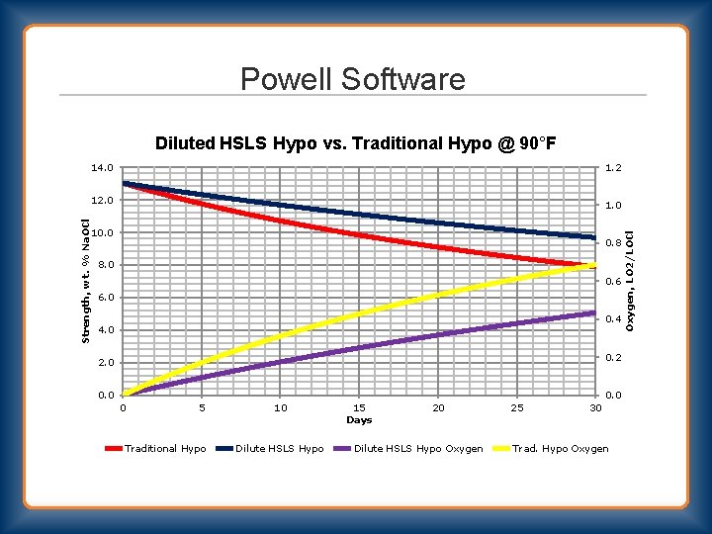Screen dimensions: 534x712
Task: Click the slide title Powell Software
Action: click(x=352, y=78)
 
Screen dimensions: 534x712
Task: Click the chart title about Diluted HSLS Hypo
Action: click(x=355, y=143)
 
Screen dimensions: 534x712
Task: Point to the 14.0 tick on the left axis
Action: click(x=104, y=168)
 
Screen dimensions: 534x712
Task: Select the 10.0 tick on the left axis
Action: click(x=104, y=233)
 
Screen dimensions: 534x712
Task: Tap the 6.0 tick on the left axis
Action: click(x=106, y=298)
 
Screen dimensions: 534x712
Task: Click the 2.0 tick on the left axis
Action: click(x=106, y=363)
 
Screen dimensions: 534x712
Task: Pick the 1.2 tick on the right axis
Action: click(x=614, y=168)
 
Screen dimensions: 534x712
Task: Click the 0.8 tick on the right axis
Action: click(x=614, y=243)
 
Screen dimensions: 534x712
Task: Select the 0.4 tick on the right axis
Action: click(x=614, y=319)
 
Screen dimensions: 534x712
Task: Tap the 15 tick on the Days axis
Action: click(x=359, y=407)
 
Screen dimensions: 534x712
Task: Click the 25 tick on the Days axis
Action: click(x=516, y=407)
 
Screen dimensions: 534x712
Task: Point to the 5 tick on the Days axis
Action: click(x=202, y=407)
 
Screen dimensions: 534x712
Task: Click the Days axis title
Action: click(x=359, y=420)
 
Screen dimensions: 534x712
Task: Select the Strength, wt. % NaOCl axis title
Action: click(x=86, y=281)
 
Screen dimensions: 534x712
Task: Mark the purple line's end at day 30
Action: click(x=594, y=312)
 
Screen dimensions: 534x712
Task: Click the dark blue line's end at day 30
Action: click(x=594, y=237)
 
